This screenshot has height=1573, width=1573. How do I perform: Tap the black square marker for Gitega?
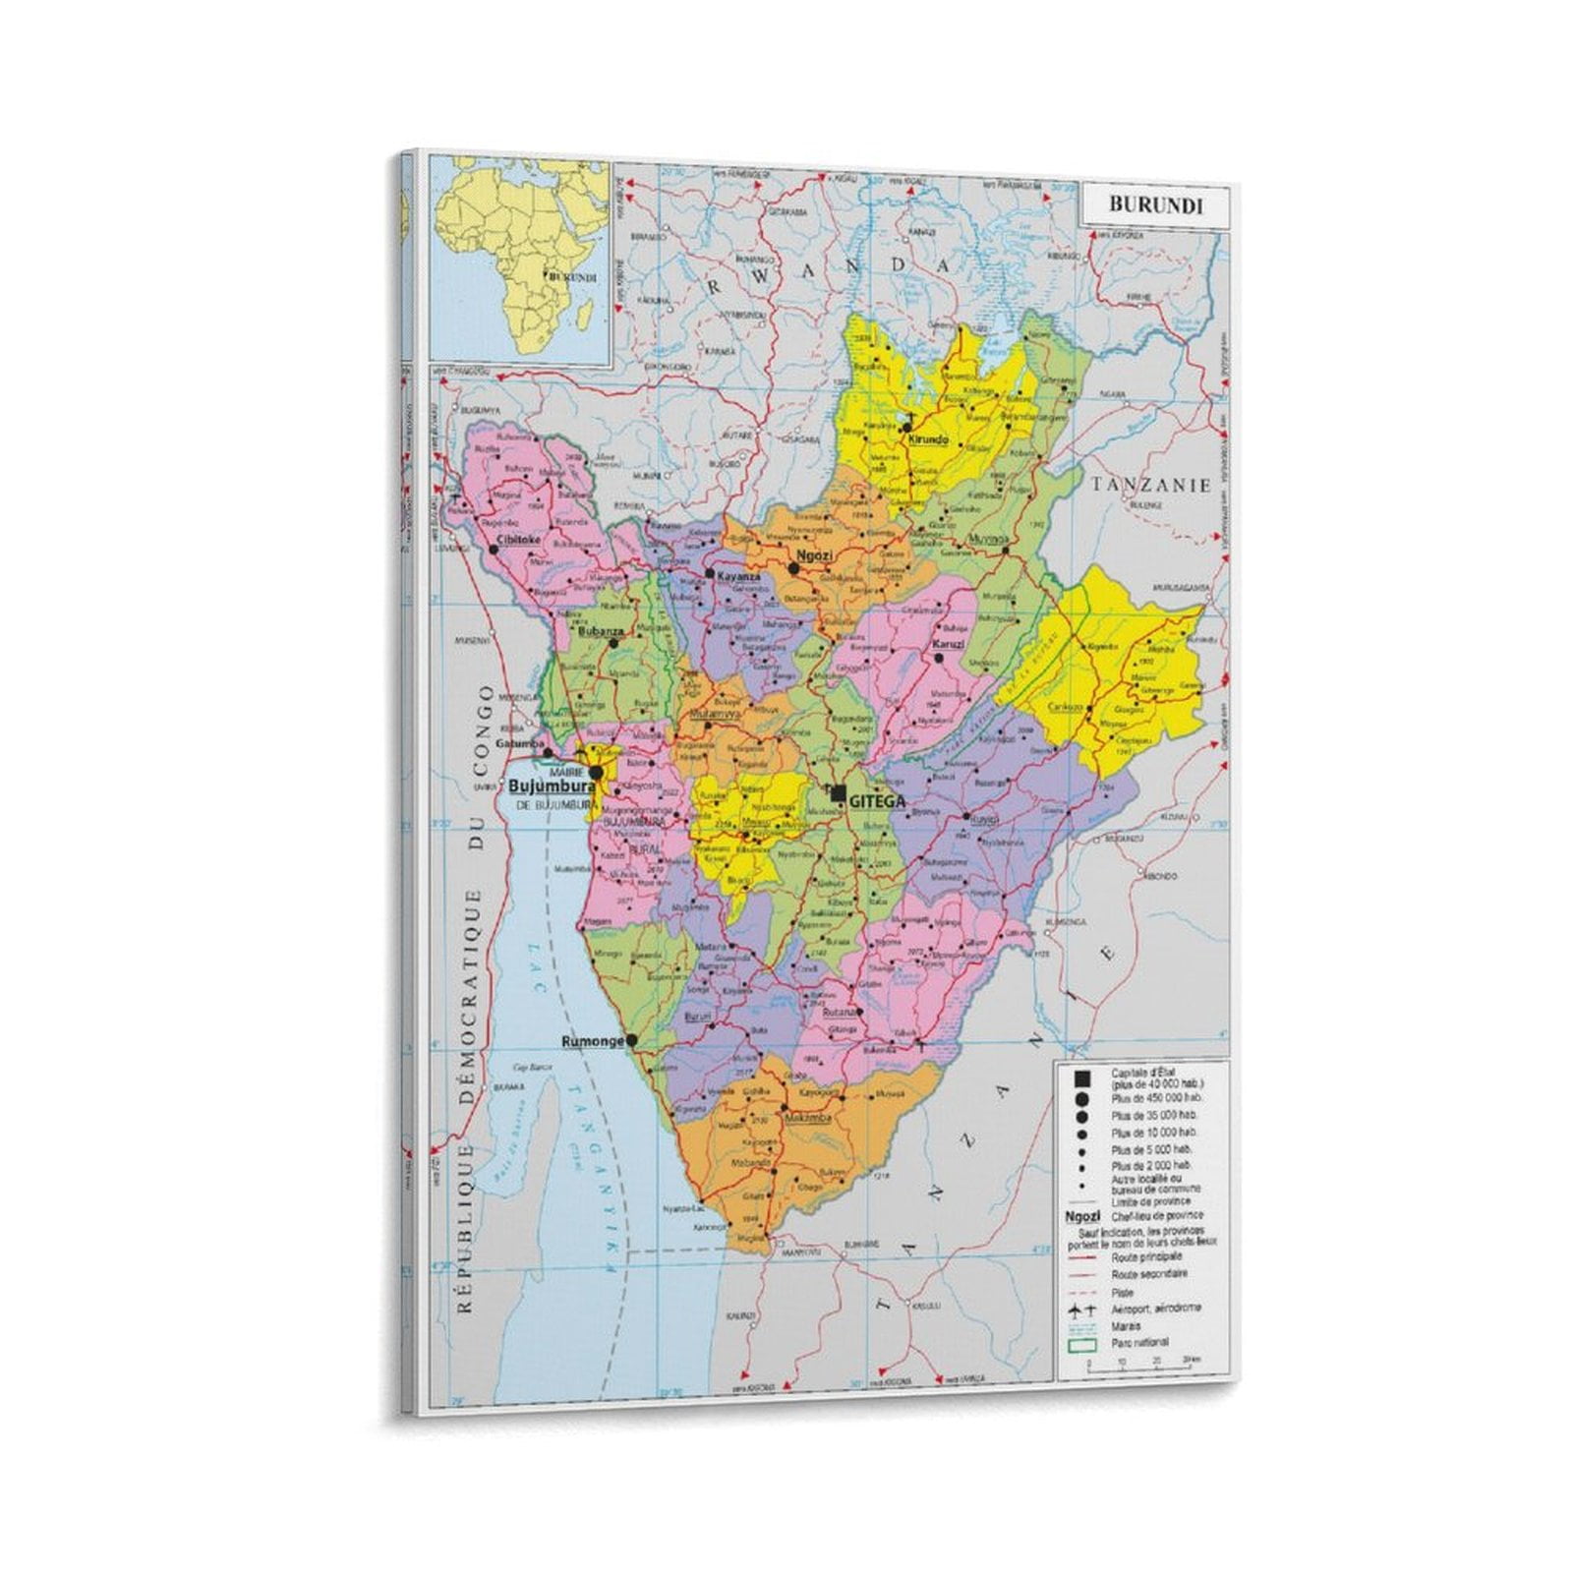pyautogui.click(x=838, y=793)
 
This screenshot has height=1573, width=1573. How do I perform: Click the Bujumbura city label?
pyautogui.click(x=552, y=786)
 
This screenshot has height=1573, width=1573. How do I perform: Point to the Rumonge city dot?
pyautogui.click(x=632, y=1039)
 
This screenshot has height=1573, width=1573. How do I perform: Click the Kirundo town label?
pyautogui.click(x=928, y=439)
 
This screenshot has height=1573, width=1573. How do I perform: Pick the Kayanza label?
pyautogui.click(x=739, y=576)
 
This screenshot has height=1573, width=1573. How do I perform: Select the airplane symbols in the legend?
pyautogui.click(x=1082, y=1310)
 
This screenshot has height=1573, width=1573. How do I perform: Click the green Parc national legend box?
pyautogui.click(x=1081, y=1343)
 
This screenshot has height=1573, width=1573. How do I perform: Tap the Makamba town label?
pyautogui.click(x=812, y=1118)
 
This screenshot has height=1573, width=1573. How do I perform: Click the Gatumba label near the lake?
pyautogui.click(x=518, y=743)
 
